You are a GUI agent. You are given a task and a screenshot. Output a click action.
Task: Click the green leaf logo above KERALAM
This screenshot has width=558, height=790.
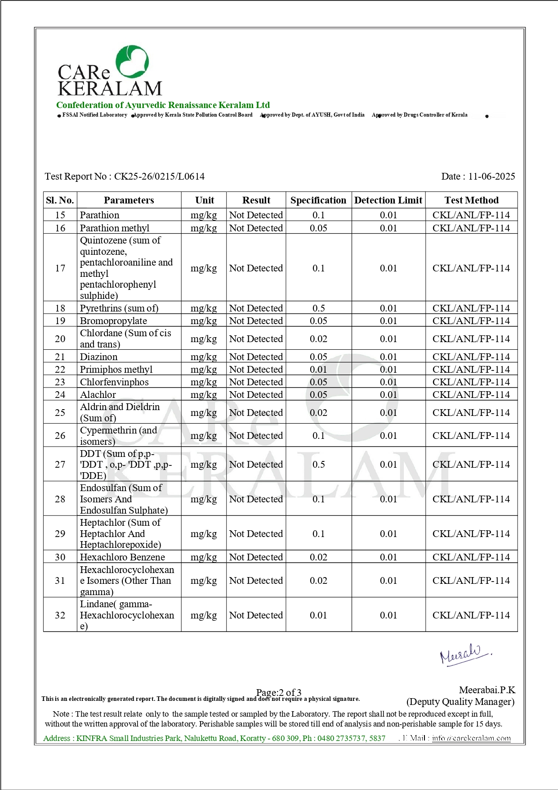click(x=132, y=62)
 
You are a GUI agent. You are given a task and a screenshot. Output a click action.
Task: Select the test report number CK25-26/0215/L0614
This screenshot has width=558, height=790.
click(x=159, y=176)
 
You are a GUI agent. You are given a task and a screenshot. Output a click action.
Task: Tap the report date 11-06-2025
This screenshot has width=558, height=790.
click(x=491, y=176)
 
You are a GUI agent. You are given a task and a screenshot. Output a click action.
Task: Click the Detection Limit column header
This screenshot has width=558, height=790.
click(x=388, y=200)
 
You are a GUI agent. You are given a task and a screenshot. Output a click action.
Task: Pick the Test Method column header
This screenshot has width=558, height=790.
click(x=471, y=200)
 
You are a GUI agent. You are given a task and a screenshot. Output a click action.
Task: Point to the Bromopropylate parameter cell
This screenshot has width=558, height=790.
click(x=113, y=321)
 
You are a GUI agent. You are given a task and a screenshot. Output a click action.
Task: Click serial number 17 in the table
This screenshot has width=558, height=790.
click(x=60, y=268)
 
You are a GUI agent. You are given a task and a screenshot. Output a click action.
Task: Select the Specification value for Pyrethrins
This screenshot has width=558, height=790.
click(x=318, y=308)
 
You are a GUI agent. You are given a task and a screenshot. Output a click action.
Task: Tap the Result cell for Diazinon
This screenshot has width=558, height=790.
click(x=256, y=357)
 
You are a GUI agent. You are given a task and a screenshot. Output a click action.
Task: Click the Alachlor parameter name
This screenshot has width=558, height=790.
click(x=98, y=395)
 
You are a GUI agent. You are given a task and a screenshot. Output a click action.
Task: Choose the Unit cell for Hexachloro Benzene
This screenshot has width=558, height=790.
click(x=204, y=557)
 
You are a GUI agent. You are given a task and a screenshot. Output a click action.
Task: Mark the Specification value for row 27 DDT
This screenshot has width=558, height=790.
click(x=318, y=465)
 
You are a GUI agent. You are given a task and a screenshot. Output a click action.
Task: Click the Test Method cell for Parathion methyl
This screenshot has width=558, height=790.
click(x=471, y=228)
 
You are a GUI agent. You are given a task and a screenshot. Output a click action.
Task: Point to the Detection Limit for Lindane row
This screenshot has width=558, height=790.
click(x=388, y=615)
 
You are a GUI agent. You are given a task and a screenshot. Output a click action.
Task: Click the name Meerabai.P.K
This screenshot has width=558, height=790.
click(x=487, y=690)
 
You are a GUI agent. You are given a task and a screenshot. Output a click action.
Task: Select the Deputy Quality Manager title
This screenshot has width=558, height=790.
click(x=460, y=702)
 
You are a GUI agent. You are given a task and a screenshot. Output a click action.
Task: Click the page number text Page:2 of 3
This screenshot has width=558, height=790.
click(x=279, y=692)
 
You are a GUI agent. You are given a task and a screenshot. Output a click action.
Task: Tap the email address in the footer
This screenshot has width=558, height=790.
click(x=471, y=738)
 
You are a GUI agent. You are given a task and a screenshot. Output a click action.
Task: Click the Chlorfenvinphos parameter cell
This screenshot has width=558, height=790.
click(x=114, y=382)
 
